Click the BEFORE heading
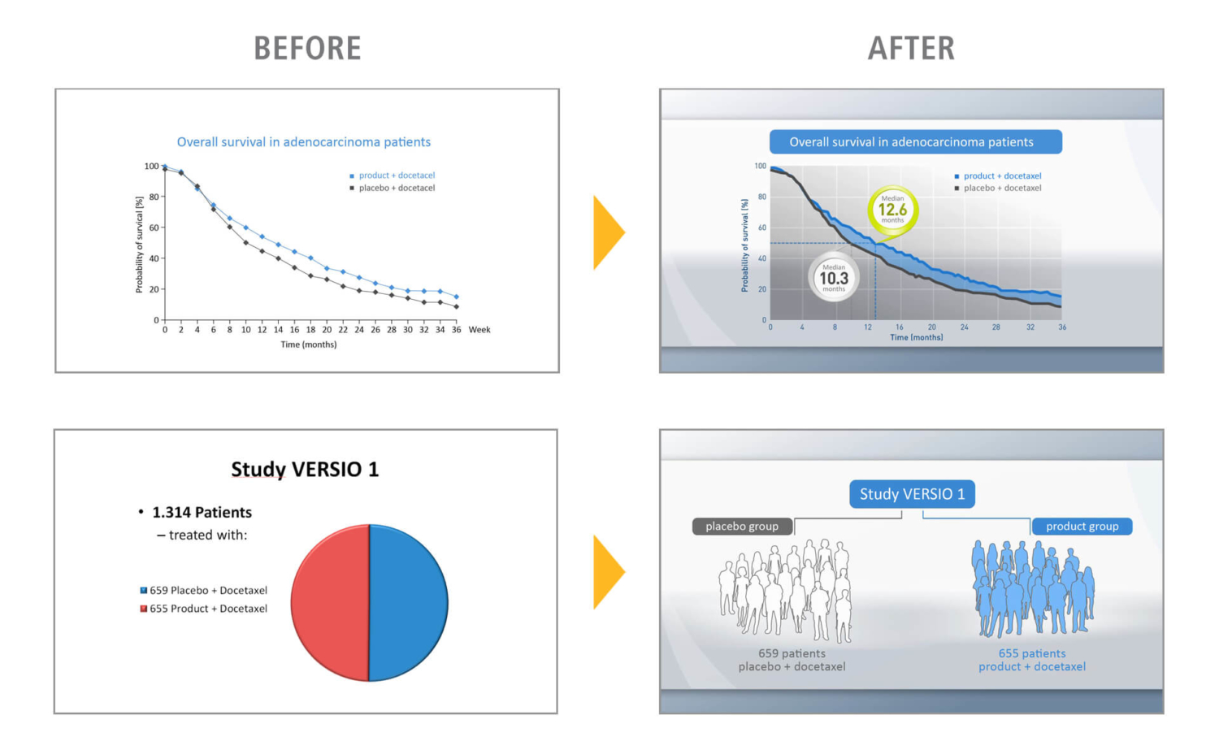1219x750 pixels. [x=307, y=49]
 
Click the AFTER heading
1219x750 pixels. [x=911, y=49]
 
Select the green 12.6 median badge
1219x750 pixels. [x=892, y=210]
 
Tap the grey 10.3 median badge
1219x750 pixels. [x=834, y=278]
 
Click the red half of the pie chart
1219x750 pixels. [x=329, y=603]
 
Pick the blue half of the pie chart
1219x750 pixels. [x=409, y=603]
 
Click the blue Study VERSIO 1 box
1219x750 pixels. [x=912, y=494]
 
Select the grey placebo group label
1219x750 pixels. [x=742, y=527]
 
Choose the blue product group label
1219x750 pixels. [x=1082, y=527]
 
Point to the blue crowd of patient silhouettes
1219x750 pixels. [x=1032, y=589]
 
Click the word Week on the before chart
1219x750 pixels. [x=479, y=330]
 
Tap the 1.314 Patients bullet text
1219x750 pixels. [x=202, y=513]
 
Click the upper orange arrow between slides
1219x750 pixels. [x=607, y=232]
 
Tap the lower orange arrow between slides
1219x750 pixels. [x=607, y=572]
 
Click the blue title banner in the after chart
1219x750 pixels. [x=915, y=142]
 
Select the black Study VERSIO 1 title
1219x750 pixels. [x=305, y=470]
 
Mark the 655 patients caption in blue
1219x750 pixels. [x=1032, y=653]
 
